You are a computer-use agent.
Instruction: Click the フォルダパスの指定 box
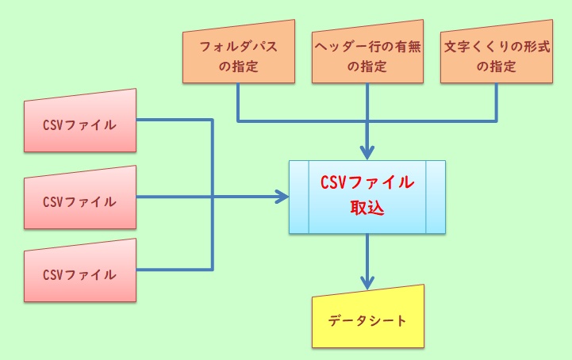(x=238, y=56)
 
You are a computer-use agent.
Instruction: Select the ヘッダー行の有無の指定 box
(x=367, y=56)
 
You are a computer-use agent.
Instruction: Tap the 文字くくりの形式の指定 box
(x=497, y=56)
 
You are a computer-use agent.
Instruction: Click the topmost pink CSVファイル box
(x=79, y=125)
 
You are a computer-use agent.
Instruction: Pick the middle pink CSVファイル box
(x=79, y=200)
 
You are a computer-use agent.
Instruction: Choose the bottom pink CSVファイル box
(x=79, y=274)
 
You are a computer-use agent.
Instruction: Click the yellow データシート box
(x=367, y=321)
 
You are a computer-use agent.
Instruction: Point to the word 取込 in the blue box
(x=367, y=209)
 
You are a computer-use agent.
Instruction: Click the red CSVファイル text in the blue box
(x=367, y=182)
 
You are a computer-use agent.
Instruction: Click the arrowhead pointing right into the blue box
(x=281, y=197)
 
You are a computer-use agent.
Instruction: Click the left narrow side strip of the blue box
(x=298, y=197)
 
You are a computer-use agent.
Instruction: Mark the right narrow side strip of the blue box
(x=436, y=197)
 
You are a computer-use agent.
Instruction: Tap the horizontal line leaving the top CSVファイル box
(x=175, y=121)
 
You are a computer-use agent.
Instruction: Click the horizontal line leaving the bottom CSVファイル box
(x=175, y=270)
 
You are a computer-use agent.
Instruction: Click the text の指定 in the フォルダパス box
(x=238, y=67)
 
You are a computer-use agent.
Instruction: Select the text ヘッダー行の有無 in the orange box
(x=367, y=45)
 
